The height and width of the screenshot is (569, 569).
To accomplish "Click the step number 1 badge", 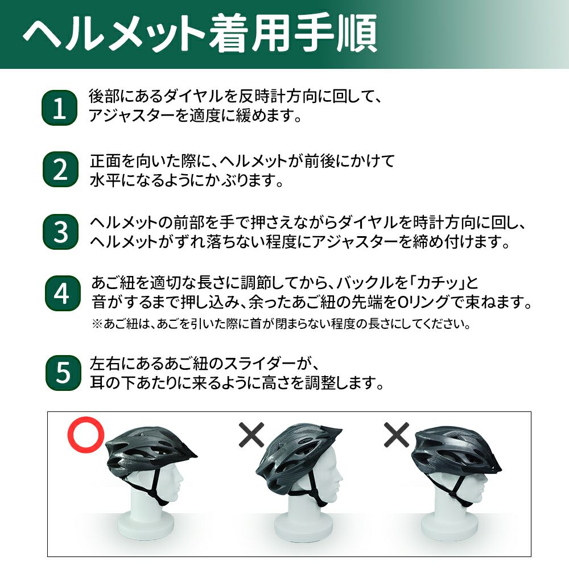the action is (x=60, y=108).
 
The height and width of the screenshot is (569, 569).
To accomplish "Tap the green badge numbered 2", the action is (x=61, y=170).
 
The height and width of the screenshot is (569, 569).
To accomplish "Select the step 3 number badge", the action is (x=61, y=232).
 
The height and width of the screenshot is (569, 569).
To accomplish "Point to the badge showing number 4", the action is (x=63, y=293).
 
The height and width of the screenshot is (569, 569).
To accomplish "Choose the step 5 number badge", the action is (x=64, y=373).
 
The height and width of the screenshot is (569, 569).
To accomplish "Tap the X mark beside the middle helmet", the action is (x=251, y=434).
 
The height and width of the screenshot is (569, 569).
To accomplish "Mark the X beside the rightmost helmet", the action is (x=397, y=434).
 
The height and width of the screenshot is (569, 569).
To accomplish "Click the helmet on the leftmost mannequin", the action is (x=149, y=451).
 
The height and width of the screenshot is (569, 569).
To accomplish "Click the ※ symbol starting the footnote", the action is (x=97, y=324).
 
